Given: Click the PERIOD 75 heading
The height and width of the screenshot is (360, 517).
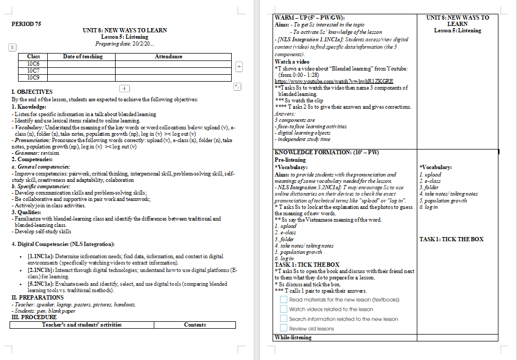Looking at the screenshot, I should coord(26,24).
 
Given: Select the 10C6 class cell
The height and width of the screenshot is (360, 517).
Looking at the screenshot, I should coord(33,64).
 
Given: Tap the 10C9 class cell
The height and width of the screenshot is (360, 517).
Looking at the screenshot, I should coord(33,77).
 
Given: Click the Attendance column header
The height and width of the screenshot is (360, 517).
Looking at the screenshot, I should coord(168,57).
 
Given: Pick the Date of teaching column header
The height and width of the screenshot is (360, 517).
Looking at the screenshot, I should coord(83,57).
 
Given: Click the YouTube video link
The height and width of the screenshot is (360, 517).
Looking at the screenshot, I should coord(334,81).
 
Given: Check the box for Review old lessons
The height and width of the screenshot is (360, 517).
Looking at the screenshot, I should coord(284,329).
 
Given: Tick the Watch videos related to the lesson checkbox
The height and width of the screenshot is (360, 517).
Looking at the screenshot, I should coord(284,309).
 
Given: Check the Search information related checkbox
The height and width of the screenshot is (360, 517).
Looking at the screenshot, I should coord(284,319).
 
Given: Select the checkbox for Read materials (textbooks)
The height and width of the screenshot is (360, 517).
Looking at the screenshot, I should coord(284,300).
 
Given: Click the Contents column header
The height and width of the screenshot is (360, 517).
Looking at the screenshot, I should coord(195,324).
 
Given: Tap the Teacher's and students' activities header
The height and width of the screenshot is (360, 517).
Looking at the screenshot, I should coord(82,324).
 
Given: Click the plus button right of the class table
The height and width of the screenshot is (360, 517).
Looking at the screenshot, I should coord(239,67).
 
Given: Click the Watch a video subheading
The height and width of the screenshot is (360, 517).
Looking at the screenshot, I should coord(292,62).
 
